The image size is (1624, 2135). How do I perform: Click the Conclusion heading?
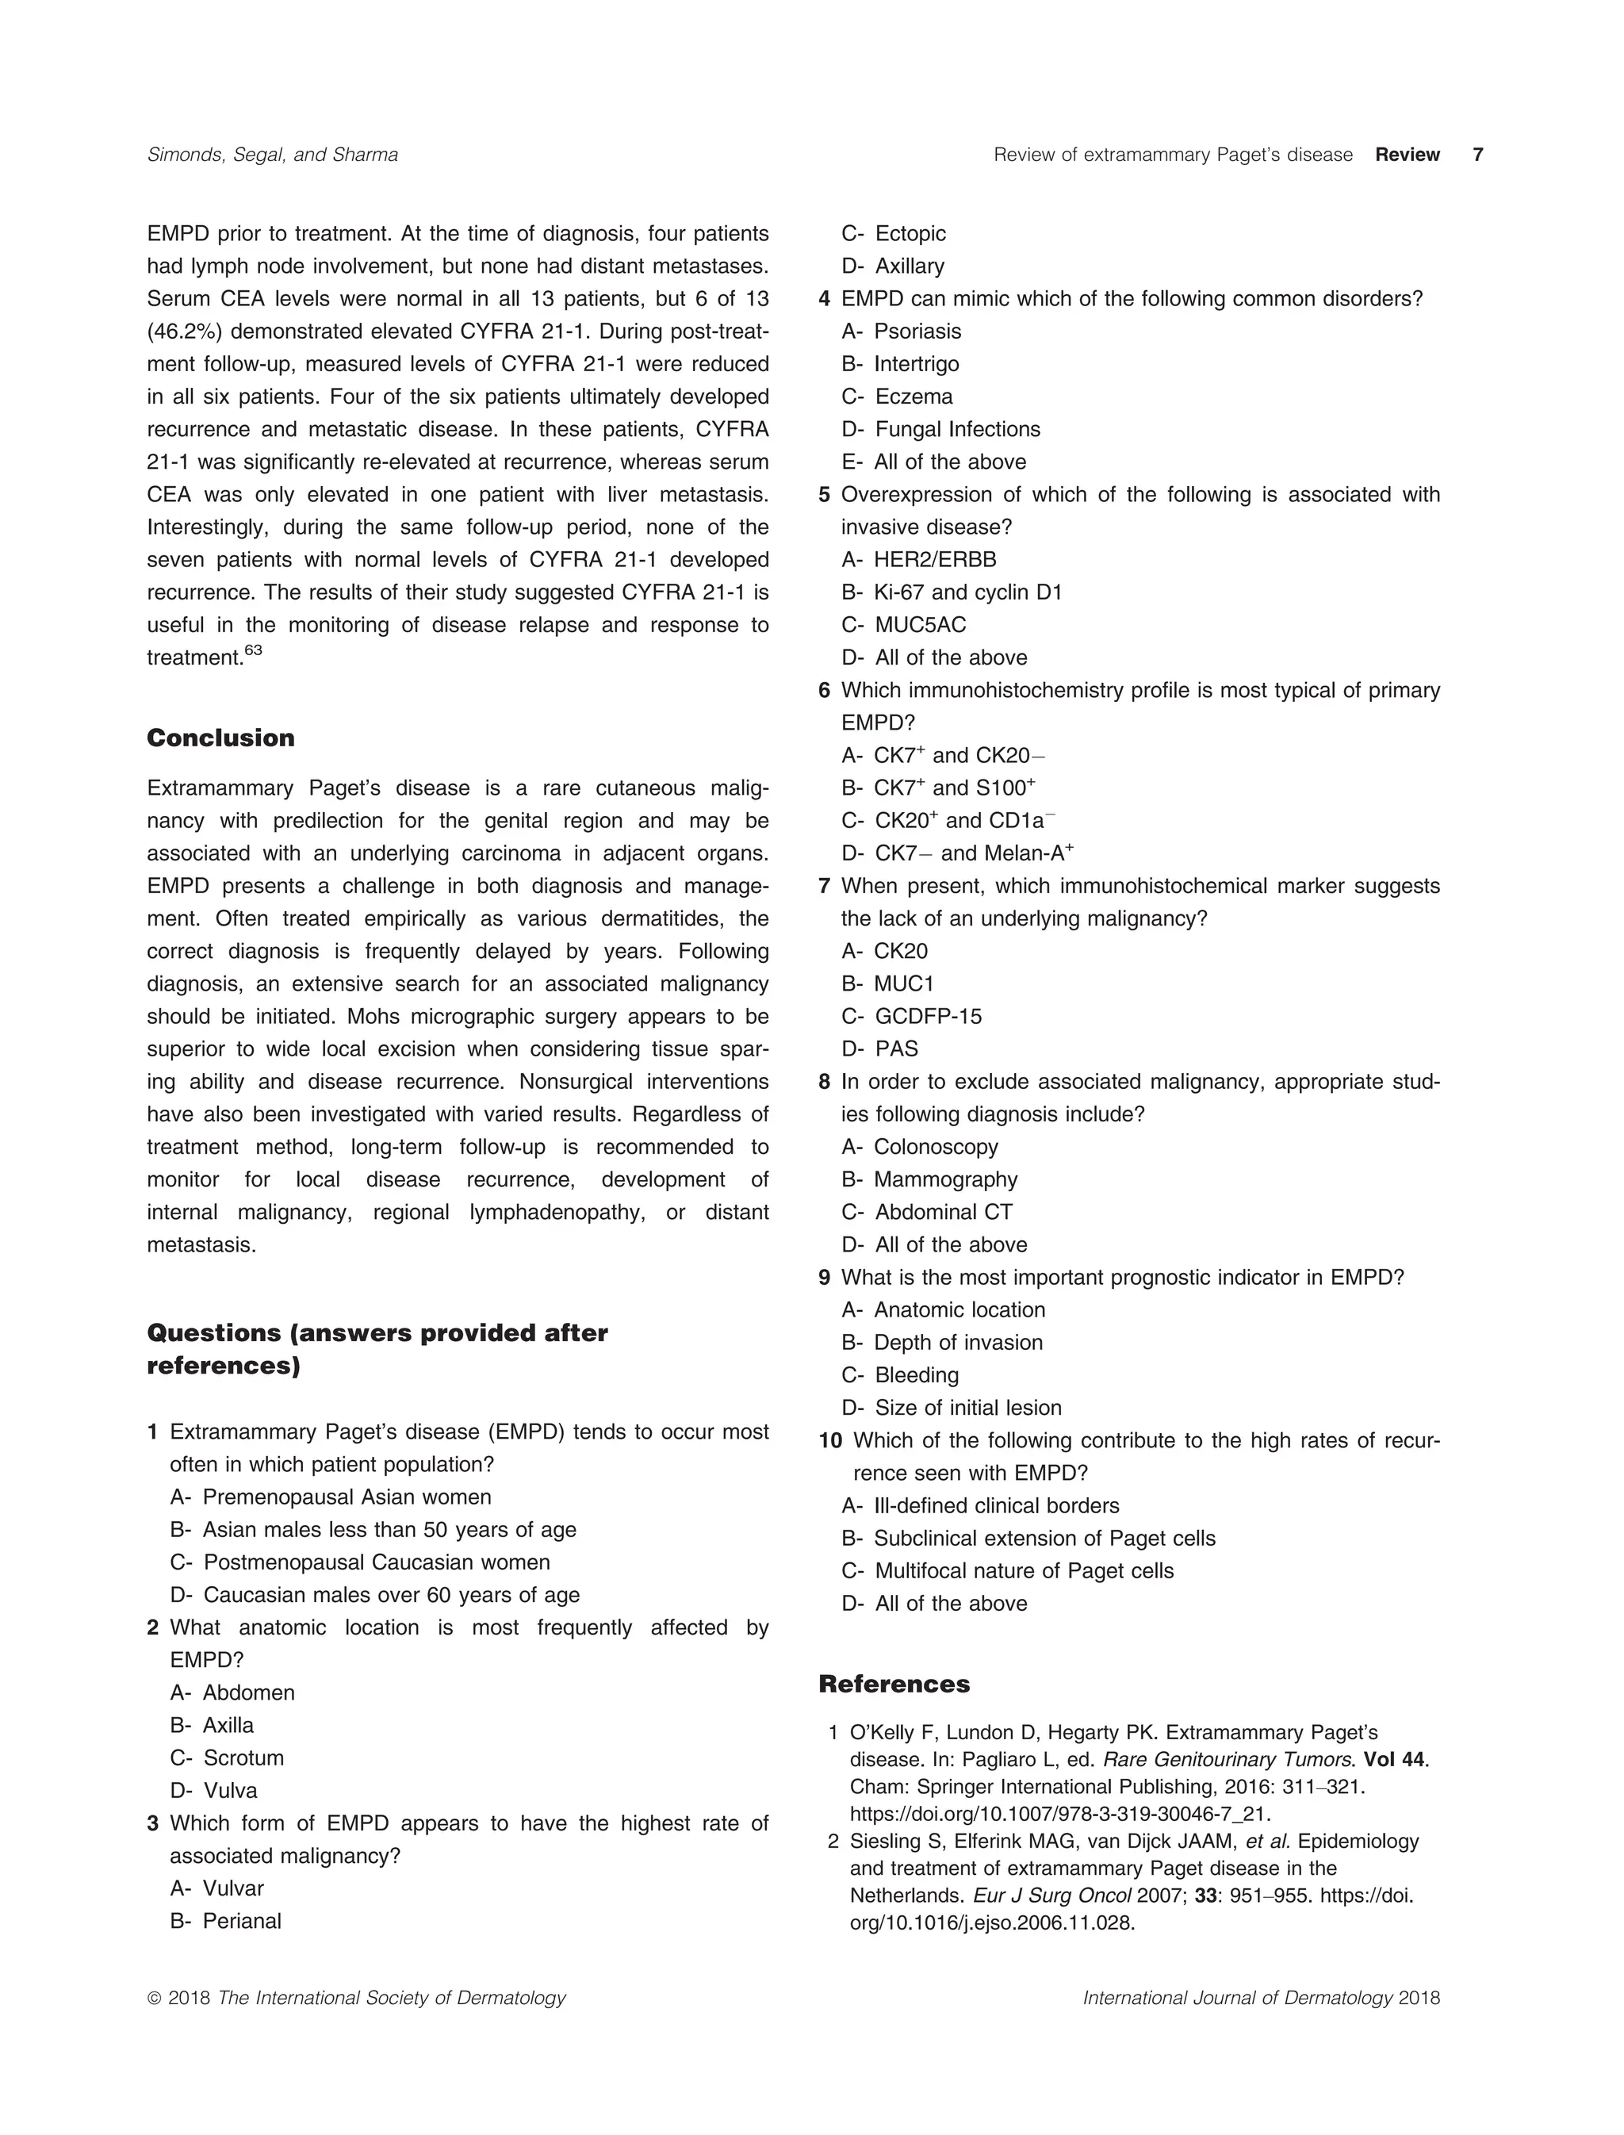point(220,738)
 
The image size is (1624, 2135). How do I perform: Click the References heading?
point(894,1685)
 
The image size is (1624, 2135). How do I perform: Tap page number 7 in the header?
point(1477,155)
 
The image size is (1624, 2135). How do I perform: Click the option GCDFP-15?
point(927,1016)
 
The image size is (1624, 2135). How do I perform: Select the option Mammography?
point(944,1179)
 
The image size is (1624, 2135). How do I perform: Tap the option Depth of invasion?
point(957,1343)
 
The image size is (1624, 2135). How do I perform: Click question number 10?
point(830,1441)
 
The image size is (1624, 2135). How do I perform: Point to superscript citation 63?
point(253,651)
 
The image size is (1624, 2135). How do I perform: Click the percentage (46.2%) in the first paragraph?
point(185,332)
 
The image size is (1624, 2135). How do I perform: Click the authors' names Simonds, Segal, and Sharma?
point(273,155)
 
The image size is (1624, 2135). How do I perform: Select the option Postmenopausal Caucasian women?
point(376,1562)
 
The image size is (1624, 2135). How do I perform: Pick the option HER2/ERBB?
point(934,560)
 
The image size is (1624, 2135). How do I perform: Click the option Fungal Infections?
point(957,429)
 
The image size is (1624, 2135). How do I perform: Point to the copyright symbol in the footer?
point(154,1999)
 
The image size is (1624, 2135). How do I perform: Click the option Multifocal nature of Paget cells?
point(1023,1571)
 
